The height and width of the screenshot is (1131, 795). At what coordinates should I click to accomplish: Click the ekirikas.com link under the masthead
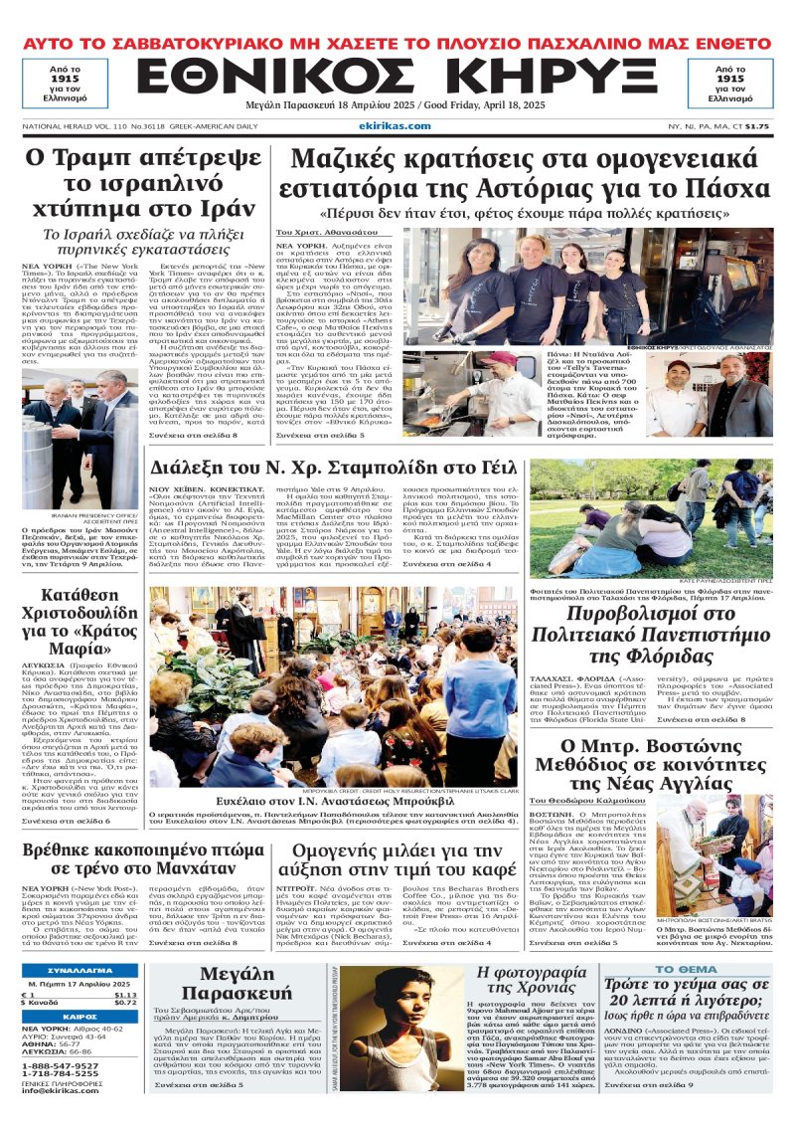(402, 125)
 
